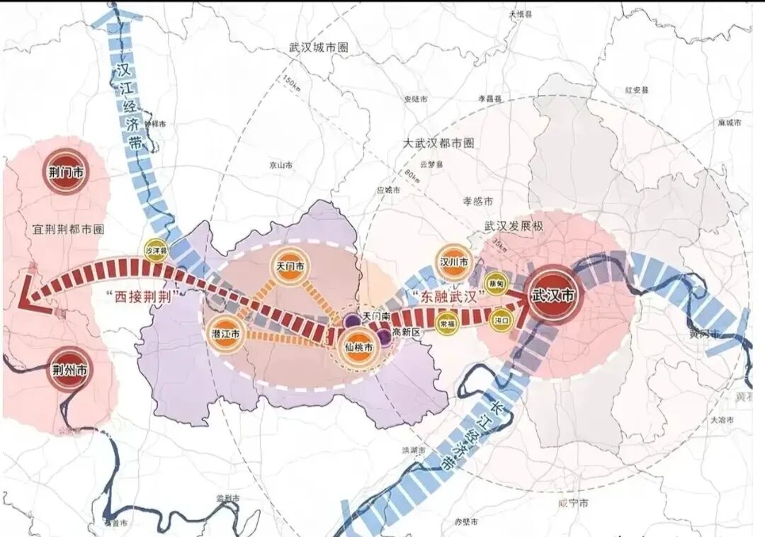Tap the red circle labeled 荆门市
tap(64, 171)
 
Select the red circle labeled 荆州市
tap(69, 369)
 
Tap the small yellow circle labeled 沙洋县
tap(156, 250)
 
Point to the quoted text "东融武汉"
tap(448, 293)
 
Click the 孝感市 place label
tap(477, 201)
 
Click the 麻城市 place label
tap(729, 123)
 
